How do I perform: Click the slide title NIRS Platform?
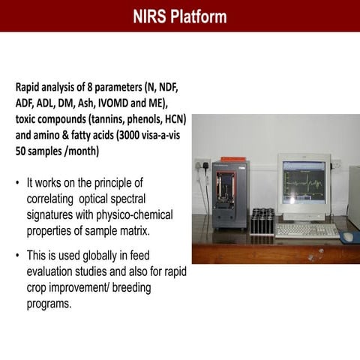pyautogui.click(x=180, y=16)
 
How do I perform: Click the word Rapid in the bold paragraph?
pyautogui.click(x=30, y=88)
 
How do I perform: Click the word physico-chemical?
pyautogui.click(x=135, y=214)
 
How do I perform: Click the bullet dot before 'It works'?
pyautogui.click(x=17, y=182)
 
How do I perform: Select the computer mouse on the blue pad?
pyautogui.click(x=347, y=235)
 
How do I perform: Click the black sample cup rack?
pyautogui.click(x=262, y=222)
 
